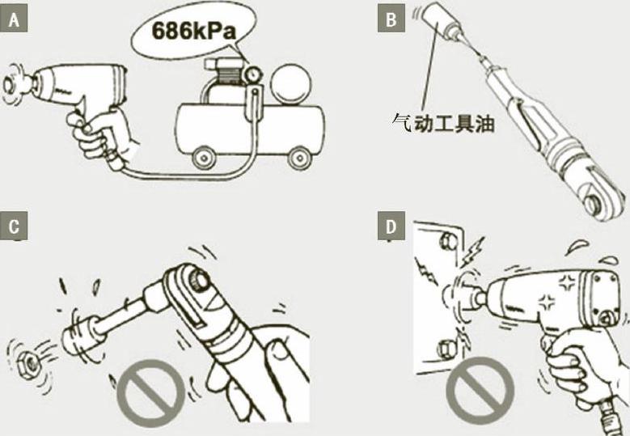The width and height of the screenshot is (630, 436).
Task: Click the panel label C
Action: click(14, 227)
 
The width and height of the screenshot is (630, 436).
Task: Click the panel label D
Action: click(391, 227)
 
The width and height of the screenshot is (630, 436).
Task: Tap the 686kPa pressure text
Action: click(193, 31)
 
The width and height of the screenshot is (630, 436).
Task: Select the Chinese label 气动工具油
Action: click(442, 123)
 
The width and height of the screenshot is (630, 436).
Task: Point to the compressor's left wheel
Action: click(204, 158)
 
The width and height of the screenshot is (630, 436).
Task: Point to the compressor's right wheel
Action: click(300, 158)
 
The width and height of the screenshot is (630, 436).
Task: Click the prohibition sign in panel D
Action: click(480, 390)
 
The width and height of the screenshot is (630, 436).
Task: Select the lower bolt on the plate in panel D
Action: click(446, 349)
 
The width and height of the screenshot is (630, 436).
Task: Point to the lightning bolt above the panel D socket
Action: click(473, 251)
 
